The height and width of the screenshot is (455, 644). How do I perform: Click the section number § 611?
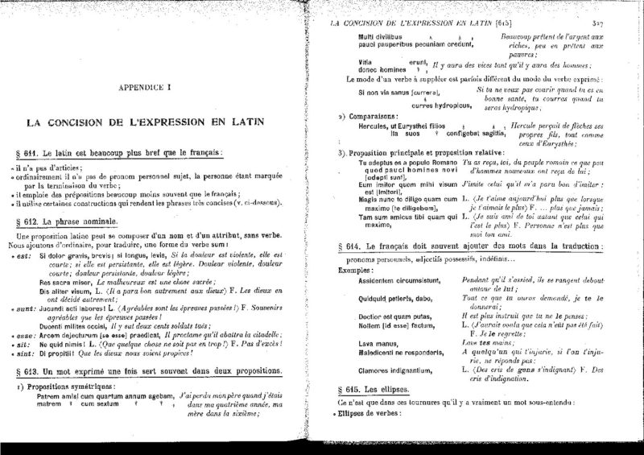(48, 151)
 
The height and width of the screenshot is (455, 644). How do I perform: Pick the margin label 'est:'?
(24, 256)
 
